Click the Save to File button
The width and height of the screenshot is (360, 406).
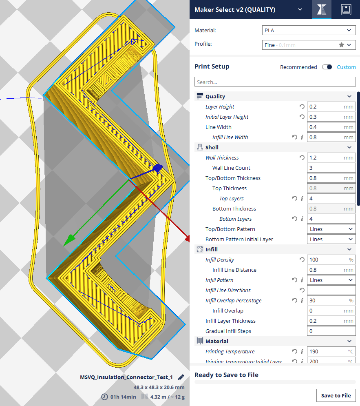336,395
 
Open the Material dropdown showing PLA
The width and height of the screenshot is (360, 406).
308,31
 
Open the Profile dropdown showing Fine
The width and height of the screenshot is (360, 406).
308,45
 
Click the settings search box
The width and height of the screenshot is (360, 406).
275,82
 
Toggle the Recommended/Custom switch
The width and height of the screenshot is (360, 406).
327,67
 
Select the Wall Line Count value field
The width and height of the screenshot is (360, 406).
331,168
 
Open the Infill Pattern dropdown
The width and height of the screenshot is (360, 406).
331,280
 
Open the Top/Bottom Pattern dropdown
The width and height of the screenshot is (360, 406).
331,229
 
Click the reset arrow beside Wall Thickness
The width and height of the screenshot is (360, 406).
302,158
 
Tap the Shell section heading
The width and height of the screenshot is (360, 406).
212,147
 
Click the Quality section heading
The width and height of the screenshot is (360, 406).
215,96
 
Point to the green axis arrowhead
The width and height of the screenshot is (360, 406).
68,241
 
